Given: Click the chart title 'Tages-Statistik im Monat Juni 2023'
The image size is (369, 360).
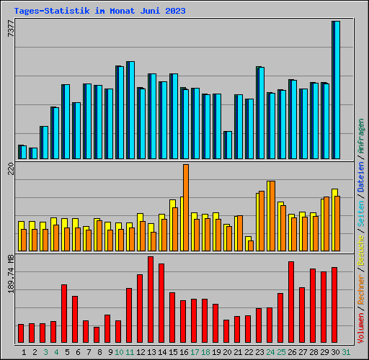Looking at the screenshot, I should click(99, 11).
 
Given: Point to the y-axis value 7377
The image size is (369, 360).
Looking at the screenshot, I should click(10, 30).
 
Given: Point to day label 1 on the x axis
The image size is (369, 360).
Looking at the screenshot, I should click(24, 351).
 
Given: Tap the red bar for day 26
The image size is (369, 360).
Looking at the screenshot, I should click(291, 302).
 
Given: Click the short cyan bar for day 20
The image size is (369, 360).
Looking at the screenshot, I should click(228, 145).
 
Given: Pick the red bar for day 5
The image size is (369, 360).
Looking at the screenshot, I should click(64, 314).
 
